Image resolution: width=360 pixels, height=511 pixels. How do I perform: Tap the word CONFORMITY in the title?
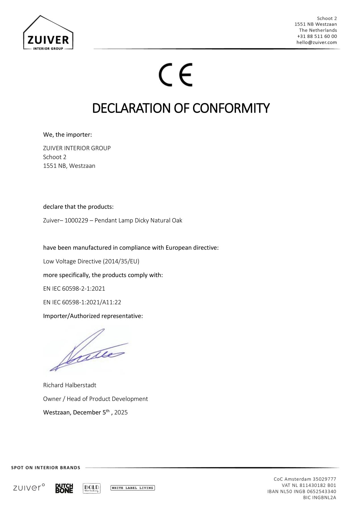[x=231, y=108]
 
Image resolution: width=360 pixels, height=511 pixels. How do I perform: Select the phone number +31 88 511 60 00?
[x=317, y=36]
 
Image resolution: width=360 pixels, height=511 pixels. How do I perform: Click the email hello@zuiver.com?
[x=317, y=43]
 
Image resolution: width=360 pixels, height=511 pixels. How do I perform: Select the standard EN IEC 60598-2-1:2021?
[x=74, y=289]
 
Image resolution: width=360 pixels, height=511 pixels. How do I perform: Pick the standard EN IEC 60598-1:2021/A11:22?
[x=82, y=302]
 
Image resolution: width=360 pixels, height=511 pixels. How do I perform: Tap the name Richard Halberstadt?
[x=70, y=385]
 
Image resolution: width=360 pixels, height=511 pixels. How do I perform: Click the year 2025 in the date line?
[x=121, y=412]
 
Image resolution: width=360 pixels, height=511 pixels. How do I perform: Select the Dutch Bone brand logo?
[x=64, y=488]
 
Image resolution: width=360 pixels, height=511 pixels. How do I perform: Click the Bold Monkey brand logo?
[x=91, y=488]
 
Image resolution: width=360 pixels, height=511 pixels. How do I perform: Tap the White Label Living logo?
[x=132, y=488]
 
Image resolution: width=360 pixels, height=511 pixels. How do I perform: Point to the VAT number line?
[x=309, y=485]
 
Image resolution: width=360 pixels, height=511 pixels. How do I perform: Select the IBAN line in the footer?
[x=302, y=491]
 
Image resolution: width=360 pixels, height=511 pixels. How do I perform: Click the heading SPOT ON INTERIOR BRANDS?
[x=46, y=468]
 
